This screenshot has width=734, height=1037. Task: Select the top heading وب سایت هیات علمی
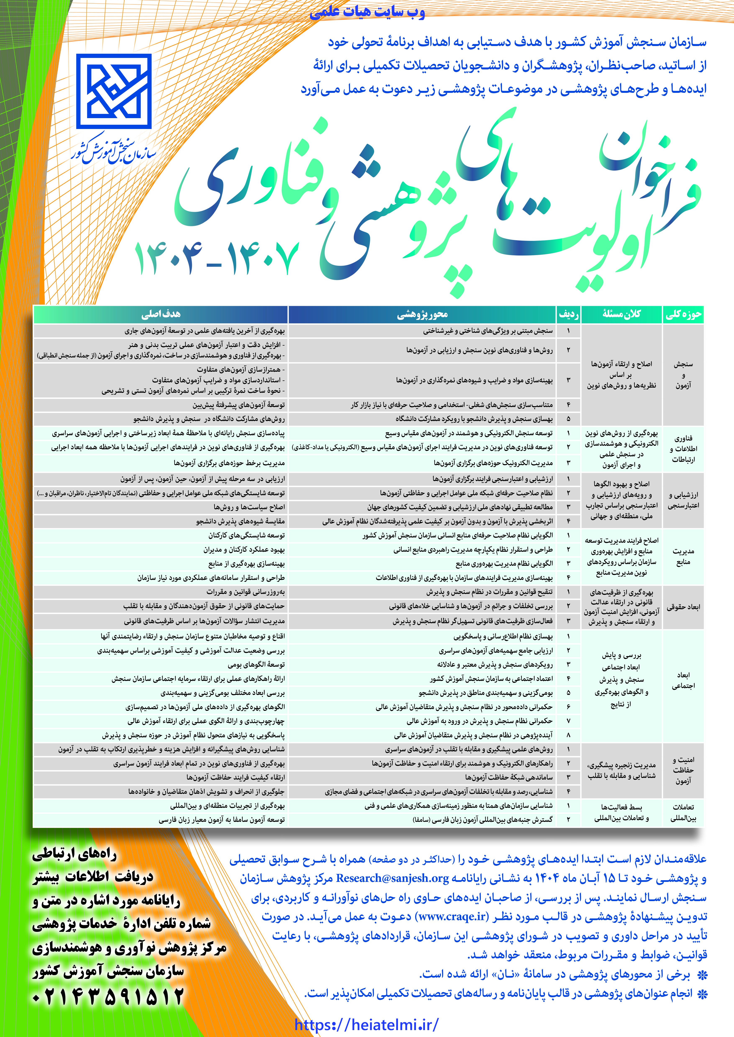pos(367,12)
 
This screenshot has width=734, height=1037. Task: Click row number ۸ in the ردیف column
pos(568,735)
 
